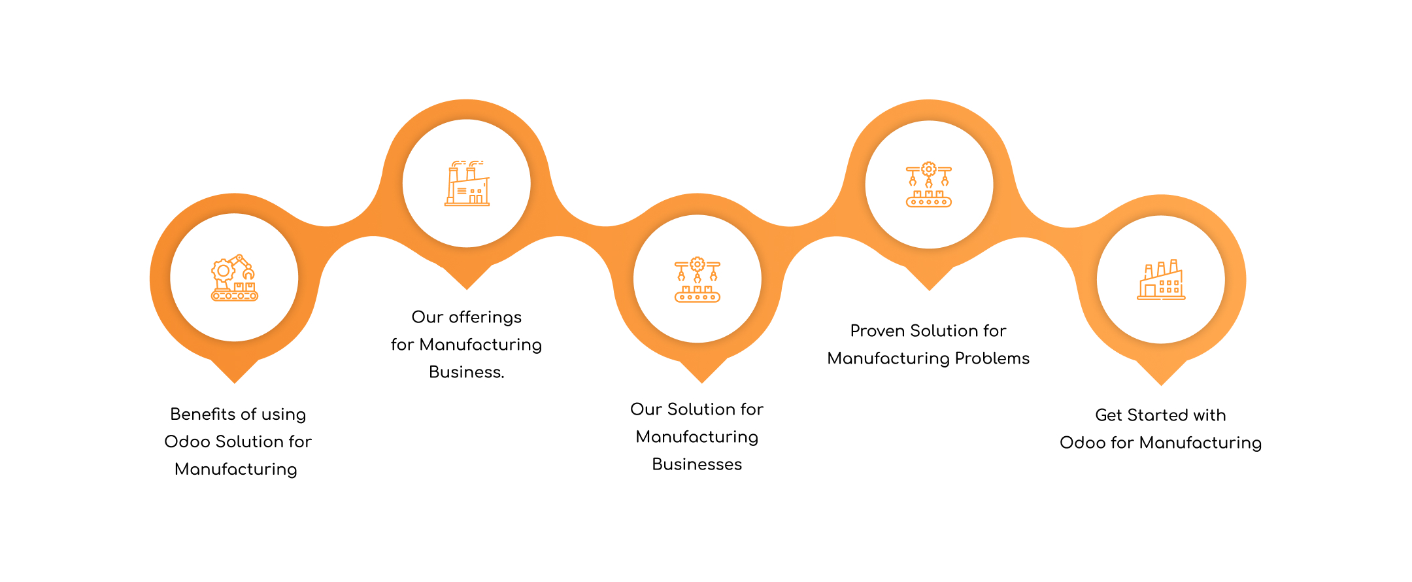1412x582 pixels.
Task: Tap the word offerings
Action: [485, 317]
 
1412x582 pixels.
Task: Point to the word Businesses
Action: [697, 464]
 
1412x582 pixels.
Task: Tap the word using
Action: [284, 415]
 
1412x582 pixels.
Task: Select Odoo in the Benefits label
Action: [187, 442]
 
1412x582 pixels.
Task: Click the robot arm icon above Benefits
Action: [235, 278]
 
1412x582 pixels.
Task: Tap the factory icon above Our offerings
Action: [467, 184]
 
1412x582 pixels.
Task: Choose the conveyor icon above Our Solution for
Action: [697, 279]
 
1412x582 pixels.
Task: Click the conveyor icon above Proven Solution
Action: [929, 185]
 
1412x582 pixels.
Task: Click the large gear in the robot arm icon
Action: [224, 270]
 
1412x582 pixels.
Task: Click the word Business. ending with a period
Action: [466, 372]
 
